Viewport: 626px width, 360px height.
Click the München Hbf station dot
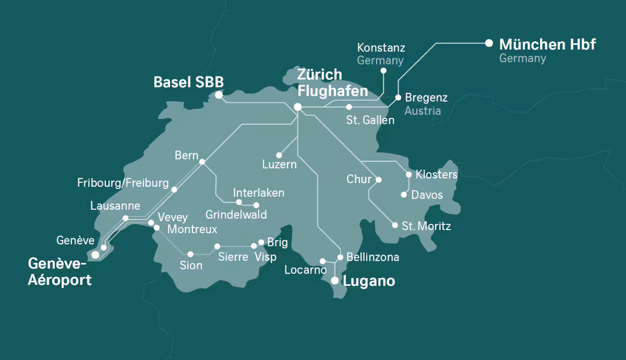coord(489,43)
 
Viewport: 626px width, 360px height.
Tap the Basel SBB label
coord(188,82)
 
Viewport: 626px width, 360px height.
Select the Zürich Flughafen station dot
coord(298,107)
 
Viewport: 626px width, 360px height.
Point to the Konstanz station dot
coord(383,70)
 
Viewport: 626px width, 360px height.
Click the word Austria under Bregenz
coord(423,111)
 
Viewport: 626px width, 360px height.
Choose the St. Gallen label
coord(370,121)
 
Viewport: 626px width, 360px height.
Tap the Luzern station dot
coord(279,155)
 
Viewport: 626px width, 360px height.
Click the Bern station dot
coord(202,162)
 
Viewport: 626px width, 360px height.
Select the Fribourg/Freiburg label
coord(123,183)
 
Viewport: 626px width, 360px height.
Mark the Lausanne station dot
coord(125,218)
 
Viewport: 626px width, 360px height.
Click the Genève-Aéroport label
coord(60,271)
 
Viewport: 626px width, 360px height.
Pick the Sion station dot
coord(190,254)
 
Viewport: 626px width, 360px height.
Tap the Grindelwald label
coord(236,215)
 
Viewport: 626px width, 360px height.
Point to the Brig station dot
coord(261,242)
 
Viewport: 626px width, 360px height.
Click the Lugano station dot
coord(335,281)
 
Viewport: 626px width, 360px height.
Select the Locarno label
coord(305,270)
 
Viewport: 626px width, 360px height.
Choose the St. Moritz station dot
coord(395,225)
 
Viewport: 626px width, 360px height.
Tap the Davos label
coord(427,195)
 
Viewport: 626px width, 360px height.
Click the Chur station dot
coord(379,179)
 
